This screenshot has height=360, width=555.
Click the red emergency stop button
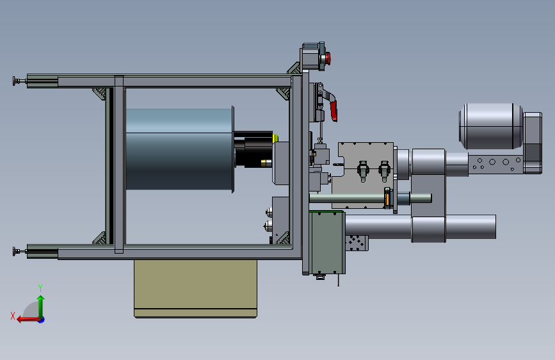328,58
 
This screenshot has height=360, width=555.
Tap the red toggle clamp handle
334,111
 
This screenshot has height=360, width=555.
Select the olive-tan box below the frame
196,289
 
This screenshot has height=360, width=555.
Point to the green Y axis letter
40,288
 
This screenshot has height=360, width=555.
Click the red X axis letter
13,316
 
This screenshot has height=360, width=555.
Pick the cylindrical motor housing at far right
491,126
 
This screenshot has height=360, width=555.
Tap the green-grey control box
327,242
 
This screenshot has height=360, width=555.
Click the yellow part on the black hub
275,138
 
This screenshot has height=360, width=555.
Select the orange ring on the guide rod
387,198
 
